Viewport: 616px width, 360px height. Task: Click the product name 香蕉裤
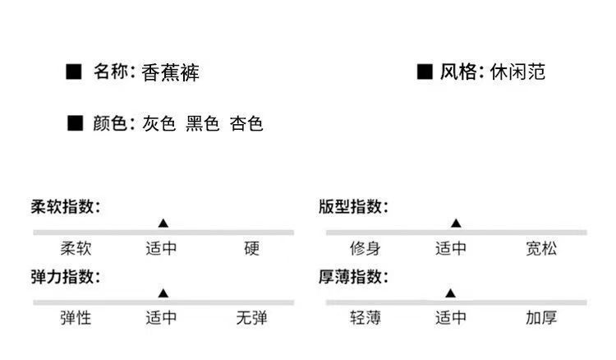click(170, 72)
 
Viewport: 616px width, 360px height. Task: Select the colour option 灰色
click(159, 124)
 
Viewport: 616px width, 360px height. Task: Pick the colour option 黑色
click(203, 124)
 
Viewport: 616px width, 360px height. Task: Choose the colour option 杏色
click(246, 124)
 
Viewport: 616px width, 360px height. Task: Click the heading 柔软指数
click(66, 207)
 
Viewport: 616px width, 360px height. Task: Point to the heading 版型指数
click(354, 207)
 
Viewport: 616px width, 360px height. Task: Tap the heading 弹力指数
click(66, 276)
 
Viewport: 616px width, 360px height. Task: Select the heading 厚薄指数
click(354, 276)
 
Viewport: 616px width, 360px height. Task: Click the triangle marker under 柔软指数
click(163, 223)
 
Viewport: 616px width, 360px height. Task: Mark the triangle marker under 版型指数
click(455, 223)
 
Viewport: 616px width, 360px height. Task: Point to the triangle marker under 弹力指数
click(163, 293)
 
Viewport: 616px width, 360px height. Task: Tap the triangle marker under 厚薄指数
click(450, 293)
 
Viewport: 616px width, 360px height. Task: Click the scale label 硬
click(251, 248)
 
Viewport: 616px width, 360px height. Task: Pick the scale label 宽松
click(540, 248)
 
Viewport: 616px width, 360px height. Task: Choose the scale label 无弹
click(251, 318)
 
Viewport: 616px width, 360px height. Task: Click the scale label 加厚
click(540, 318)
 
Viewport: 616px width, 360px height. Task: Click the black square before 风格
click(425, 72)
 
